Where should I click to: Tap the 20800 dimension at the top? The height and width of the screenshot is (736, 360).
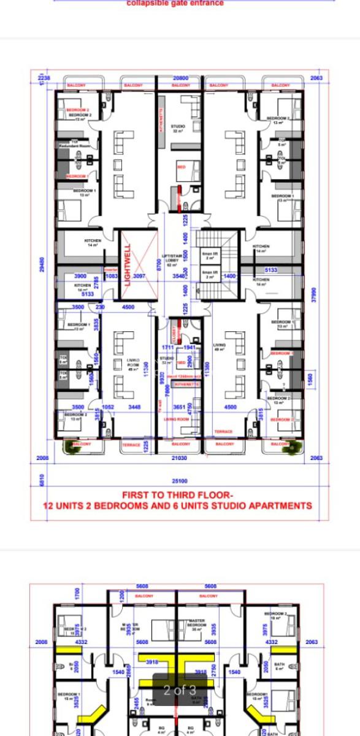pos(180,79)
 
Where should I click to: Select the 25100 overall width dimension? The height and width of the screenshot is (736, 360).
pos(180,481)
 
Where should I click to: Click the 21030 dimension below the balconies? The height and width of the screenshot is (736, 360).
pos(180,458)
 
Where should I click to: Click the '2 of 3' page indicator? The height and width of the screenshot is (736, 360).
pos(180,690)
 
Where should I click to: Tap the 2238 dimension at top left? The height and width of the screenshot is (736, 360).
pos(44,79)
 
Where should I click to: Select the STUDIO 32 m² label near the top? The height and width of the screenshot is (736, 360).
pos(178,128)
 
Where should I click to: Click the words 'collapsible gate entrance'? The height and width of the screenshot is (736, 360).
pos(175,3)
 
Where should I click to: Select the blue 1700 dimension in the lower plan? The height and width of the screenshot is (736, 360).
pos(77,593)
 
